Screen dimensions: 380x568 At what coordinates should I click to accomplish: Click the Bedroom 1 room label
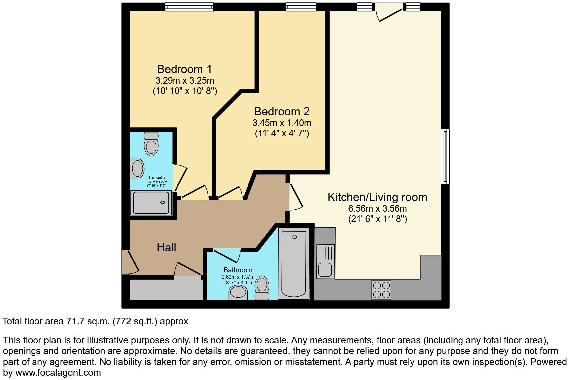click(184, 69)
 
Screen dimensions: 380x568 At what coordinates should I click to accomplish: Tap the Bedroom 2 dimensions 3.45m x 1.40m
click(282, 123)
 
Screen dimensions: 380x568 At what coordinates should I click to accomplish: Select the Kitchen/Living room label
click(377, 197)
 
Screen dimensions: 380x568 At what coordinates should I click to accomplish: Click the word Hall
click(166, 247)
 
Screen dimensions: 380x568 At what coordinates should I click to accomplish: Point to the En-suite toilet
click(151, 144)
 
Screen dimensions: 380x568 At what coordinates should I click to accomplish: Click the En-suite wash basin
click(137, 168)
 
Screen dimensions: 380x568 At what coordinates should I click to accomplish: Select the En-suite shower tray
click(151, 203)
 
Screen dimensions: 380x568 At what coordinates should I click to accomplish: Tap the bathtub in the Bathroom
click(294, 262)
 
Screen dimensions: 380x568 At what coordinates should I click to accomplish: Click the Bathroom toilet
click(262, 288)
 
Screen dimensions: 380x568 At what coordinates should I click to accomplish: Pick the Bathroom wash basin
click(238, 293)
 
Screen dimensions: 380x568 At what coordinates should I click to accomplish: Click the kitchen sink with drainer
click(325, 261)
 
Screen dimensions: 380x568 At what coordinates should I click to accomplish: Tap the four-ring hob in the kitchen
click(381, 290)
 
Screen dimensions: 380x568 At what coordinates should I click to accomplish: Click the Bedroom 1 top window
click(189, 7)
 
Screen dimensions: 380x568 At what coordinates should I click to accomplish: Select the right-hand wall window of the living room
click(445, 156)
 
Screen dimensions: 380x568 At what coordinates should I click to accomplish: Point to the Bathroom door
click(227, 255)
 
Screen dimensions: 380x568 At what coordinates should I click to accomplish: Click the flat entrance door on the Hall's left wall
click(130, 262)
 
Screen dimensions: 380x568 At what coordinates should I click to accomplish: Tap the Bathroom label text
click(238, 270)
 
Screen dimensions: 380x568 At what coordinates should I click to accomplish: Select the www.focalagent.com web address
click(58, 373)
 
